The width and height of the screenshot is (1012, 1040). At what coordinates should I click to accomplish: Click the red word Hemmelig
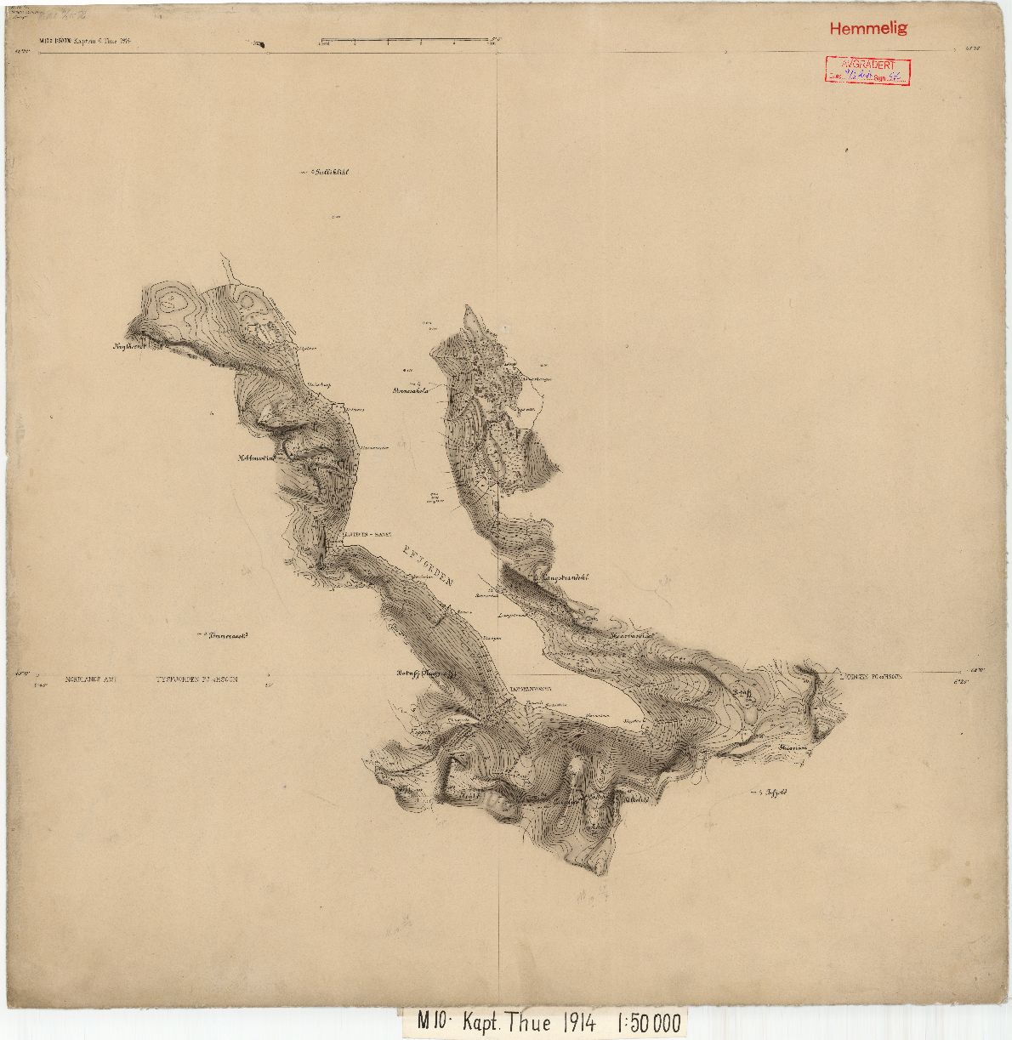coord(868,28)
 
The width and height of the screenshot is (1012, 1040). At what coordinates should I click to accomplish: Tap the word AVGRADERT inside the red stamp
coord(867,65)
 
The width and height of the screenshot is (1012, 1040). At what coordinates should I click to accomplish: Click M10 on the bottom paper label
coord(435,1022)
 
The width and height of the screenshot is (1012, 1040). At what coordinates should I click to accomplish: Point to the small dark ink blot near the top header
coord(259,44)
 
